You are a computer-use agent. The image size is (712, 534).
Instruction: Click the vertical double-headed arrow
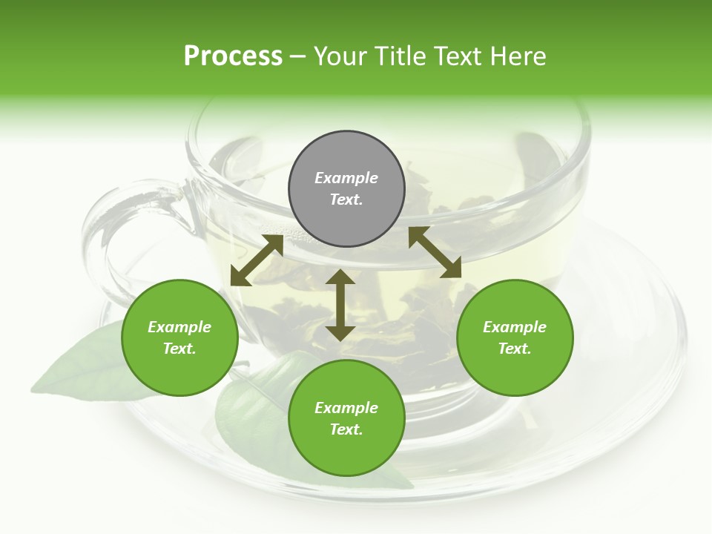tap(340, 305)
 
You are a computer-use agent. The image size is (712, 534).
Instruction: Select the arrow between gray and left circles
tap(257, 260)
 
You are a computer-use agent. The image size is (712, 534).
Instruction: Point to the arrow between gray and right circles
tap(435, 252)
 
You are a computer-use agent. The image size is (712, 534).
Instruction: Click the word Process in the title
tap(233, 56)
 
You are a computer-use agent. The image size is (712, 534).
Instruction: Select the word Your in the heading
tap(340, 56)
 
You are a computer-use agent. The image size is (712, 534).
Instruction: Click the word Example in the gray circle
tap(346, 178)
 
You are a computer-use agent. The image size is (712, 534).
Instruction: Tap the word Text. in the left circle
tap(179, 349)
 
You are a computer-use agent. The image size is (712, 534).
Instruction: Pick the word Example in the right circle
tap(515, 327)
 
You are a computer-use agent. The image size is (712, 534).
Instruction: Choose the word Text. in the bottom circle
tap(346, 429)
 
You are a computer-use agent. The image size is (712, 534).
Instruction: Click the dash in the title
tap(298, 56)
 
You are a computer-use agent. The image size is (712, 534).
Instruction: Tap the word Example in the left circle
tap(179, 327)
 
